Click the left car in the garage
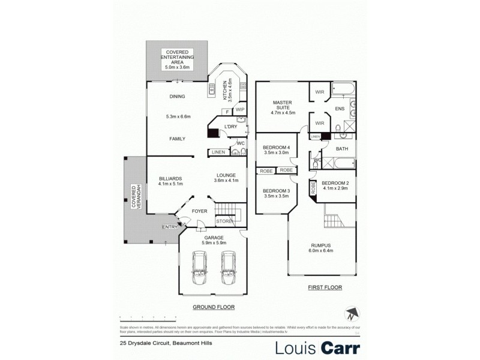point(199,268)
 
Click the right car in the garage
point(227,268)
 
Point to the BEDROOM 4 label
point(277,148)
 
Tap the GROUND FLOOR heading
point(213,307)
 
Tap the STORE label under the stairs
point(224,221)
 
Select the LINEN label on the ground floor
point(218,152)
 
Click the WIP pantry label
point(240,110)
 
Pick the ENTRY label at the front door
point(170,226)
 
